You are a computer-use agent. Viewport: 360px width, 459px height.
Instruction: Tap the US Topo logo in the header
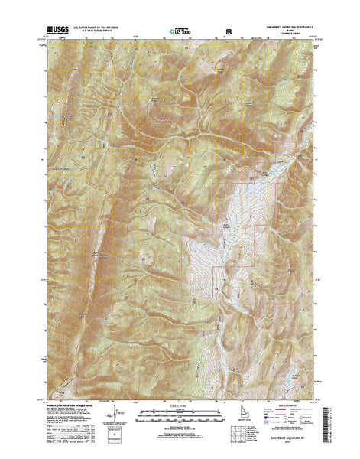(x=180, y=32)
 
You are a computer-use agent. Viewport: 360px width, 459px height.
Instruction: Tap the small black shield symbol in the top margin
(x=228, y=32)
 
